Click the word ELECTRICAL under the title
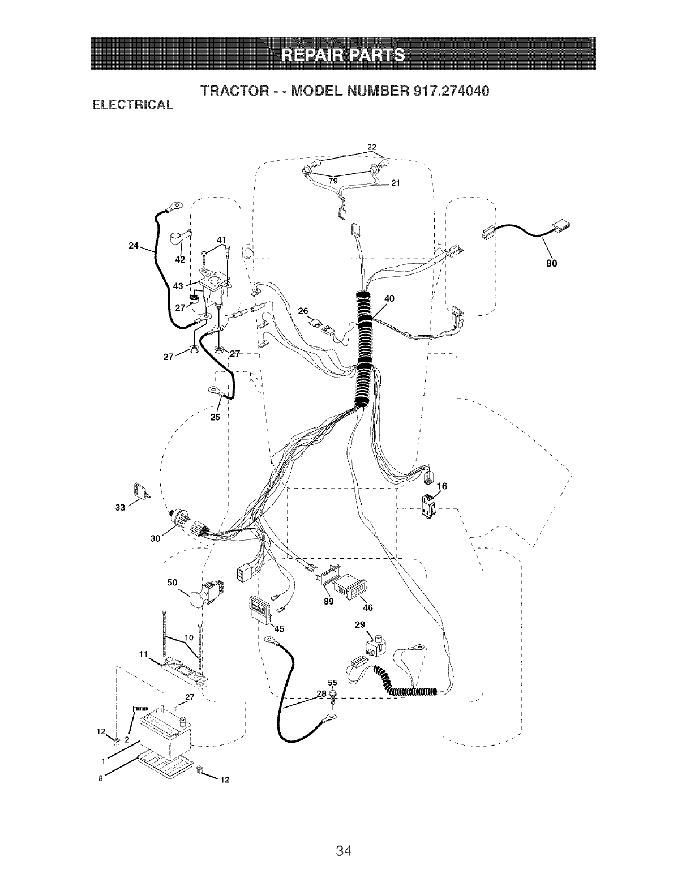coord(133,105)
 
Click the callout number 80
coord(552,263)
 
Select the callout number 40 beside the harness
coord(389,298)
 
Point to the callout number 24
coord(134,246)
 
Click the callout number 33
coord(120,508)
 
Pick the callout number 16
coord(441,486)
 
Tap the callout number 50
coord(173,582)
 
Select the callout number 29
coord(359,624)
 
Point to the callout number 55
coord(332,683)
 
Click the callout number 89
coord(329,601)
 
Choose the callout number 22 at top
coord(371,147)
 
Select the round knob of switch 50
coord(196,599)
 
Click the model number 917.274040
coord(452,91)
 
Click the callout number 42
coord(181,259)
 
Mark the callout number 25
coord(215,417)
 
